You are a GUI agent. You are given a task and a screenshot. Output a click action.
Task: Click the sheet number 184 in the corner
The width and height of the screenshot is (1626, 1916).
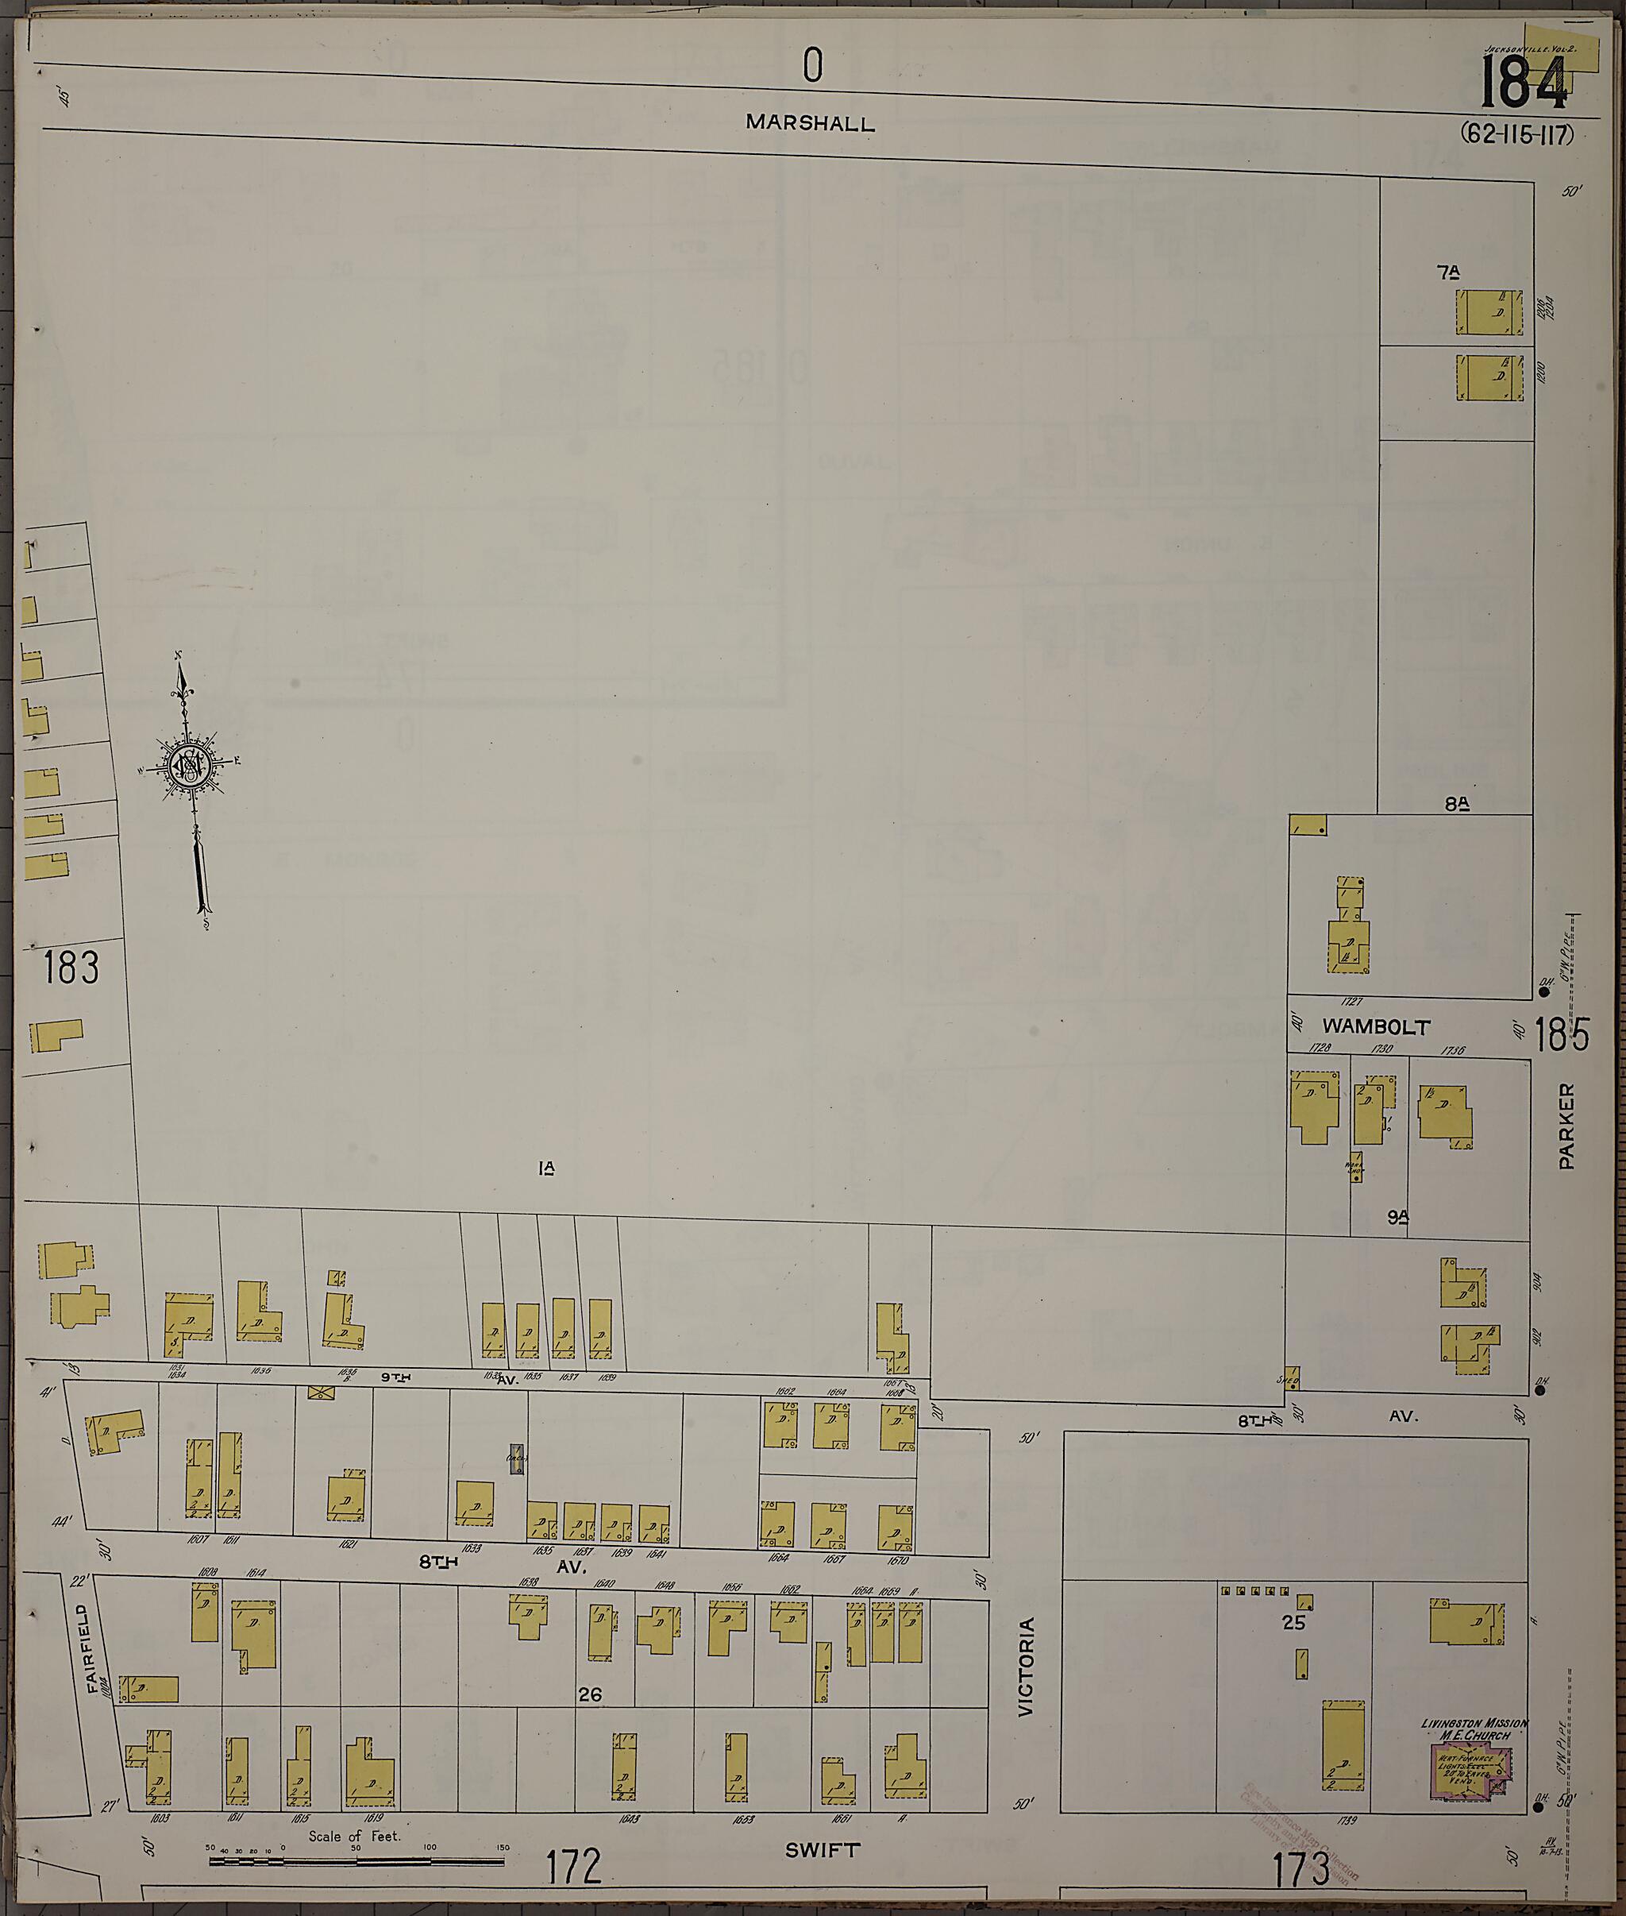pyautogui.click(x=1523, y=83)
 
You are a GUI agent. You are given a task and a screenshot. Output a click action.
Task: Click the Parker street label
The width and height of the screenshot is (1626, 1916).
pyautogui.click(x=1567, y=1126)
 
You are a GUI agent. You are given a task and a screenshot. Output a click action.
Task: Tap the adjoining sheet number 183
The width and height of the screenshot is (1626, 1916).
pyautogui.click(x=70, y=968)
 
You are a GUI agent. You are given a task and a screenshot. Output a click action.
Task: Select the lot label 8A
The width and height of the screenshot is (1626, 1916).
pyautogui.click(x=1456, y=804)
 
